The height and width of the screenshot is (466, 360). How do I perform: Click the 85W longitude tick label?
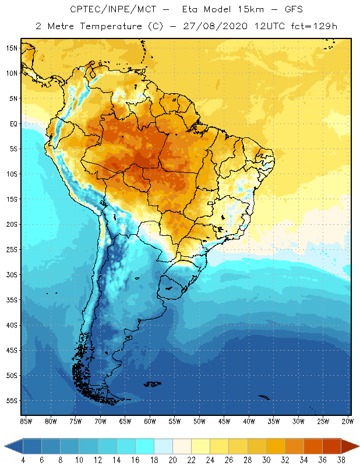tap(26, 421)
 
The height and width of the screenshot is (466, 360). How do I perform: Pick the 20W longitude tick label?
tap(347, 421)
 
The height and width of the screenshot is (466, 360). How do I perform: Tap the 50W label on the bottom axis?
tap(199, 421)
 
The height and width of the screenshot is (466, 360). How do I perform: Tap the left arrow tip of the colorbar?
tap(6, 446)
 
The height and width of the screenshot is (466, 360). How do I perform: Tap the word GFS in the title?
tap(291, 10)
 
